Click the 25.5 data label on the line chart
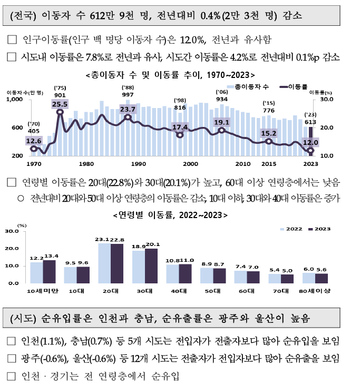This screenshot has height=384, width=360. pyautogui.click(x=60, y=105)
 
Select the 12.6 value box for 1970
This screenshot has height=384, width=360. pyautogui.click(x=33, y=141)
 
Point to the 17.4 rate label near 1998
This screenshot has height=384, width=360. pyautogui.click(x=180, y=127)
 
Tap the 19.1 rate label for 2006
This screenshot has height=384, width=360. pyautogui.click(x=221, y=122)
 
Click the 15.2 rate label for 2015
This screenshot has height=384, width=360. pyautogui.click(x=269, y=134)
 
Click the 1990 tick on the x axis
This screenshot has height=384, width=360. pyautogui.click(x=139, y=164)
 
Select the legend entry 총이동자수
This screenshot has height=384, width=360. pyautogui.click(x=247, y=86)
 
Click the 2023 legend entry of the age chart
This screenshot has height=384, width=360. pyautogui.click(x=320, y=229)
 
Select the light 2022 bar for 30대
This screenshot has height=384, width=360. pyautogui.click(x=138, y=267)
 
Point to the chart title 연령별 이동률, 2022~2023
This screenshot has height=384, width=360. pyautogui.click(x=170, y=215)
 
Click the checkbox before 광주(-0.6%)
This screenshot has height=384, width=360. pyautogui.click(x=12, y=358)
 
